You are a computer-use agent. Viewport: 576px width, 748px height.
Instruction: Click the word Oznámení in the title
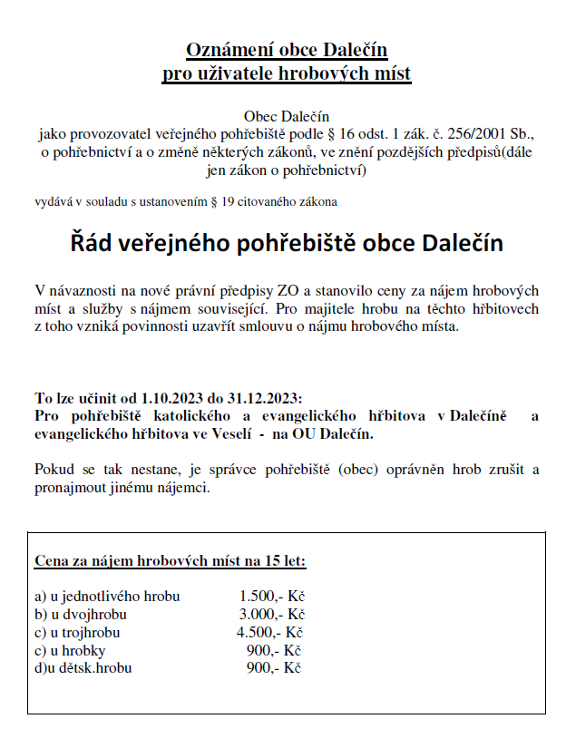(x=221, y=50)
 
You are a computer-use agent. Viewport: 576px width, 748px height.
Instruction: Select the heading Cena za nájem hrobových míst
(x=136, y=560)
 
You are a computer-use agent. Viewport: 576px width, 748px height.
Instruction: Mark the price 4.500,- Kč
(x=269, y=633)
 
